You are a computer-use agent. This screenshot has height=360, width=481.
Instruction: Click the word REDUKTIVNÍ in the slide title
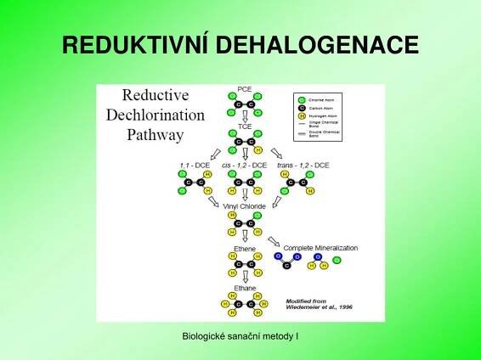tap(135, 46)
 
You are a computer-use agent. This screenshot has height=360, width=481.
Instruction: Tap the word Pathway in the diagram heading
tap(155, 133)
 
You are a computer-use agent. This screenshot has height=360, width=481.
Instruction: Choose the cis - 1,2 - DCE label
tap(244, 164)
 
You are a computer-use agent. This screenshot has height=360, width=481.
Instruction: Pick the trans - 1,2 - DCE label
tap(303, 164)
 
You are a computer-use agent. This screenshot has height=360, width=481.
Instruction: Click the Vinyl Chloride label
tap(244, 206)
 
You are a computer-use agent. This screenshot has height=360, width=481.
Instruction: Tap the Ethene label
tap(244, 249)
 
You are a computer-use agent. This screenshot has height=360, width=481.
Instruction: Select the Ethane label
tap(244, 289)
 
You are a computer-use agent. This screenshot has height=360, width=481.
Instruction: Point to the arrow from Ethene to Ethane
tap(245, 277)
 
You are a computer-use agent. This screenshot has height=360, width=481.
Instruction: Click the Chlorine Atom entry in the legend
tap(320, 99)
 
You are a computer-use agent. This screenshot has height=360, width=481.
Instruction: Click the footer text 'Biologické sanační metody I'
tap(240, 338)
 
